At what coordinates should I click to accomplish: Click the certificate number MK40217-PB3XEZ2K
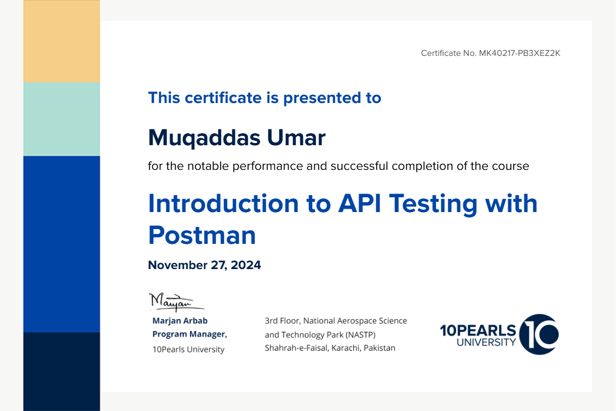tap(520, 53)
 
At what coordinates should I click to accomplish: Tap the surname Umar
tap(296, 138)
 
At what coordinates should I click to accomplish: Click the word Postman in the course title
tap(202, 235)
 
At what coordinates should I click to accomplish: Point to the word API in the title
tap(360, 203)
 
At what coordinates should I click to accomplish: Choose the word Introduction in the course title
tap(223, 203)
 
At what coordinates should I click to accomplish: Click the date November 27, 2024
tap(204, 265)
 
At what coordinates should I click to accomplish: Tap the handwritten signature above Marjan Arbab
tap(176, 301)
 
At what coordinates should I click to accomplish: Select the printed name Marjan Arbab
tap(180, 321)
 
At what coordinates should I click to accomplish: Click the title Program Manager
tap(190, 334)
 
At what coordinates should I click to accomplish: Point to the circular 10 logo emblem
tap(539, 334)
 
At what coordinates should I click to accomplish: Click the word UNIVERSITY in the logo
tap(486, 342)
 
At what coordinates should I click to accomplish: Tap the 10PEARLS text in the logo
tap(478, 330)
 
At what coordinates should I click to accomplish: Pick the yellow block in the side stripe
tap(61, 41)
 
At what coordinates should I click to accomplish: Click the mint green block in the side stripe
tap(61, 119)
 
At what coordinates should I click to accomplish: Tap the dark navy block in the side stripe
tap(61, 372)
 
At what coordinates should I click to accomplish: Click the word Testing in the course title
tap(433, 204)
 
